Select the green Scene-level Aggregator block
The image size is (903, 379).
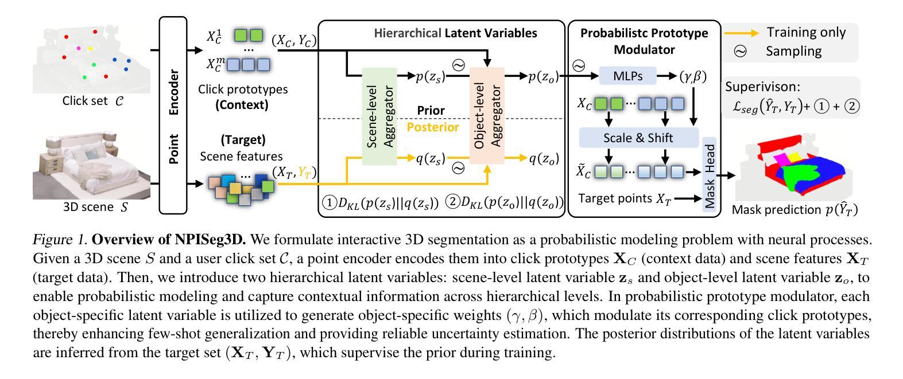379,116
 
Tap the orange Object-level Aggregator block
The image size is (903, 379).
487,116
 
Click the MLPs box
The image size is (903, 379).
627,76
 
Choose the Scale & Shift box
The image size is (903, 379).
638,138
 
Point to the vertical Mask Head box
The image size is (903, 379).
709,174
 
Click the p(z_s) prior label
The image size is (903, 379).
431,76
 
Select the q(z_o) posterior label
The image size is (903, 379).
544,159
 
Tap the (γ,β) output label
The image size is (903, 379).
693,76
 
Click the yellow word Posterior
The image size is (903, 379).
433,127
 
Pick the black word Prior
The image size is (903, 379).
431,110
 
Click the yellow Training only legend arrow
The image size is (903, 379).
742,33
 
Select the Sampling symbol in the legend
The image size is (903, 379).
740,51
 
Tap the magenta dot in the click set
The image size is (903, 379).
79,48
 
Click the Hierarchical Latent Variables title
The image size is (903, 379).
456,33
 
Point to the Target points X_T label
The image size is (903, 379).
625,198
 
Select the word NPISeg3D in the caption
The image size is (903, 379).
210,240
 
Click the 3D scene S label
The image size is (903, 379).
95,207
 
